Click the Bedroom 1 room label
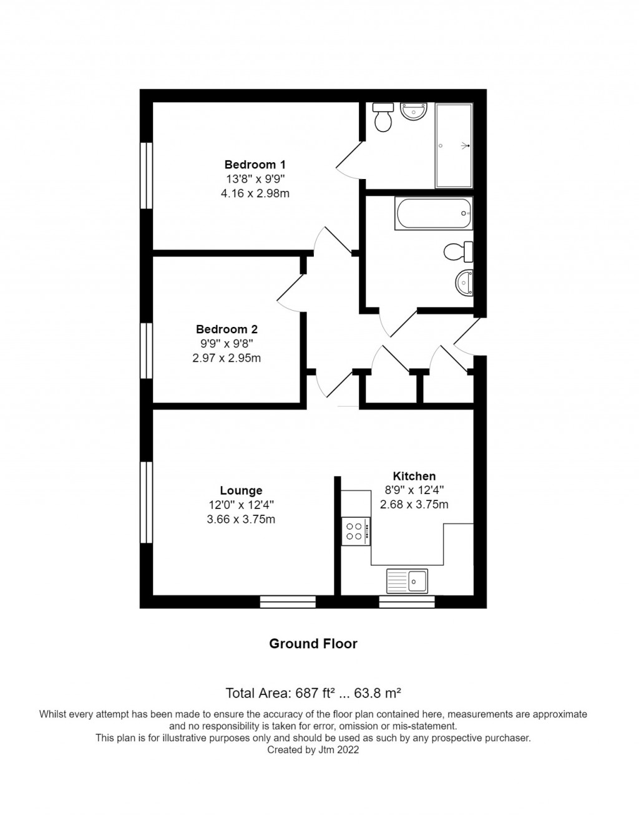point(255,165)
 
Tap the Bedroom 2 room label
point(227,329)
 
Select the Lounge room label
point(241,491)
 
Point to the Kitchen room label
point(414,476)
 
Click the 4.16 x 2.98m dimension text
point(255,193)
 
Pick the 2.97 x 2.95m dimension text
point(227,358)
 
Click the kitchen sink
point(407,581)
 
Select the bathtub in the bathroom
point(434,213)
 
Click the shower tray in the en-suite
point(454,145)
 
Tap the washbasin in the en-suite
point(413,112)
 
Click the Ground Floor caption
point(313,644)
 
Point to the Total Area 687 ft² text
point(313,692)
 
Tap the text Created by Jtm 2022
point(313,750)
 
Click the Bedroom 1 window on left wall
point(146,175)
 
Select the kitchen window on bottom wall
point(407,601)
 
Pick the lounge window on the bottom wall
point(288,601)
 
